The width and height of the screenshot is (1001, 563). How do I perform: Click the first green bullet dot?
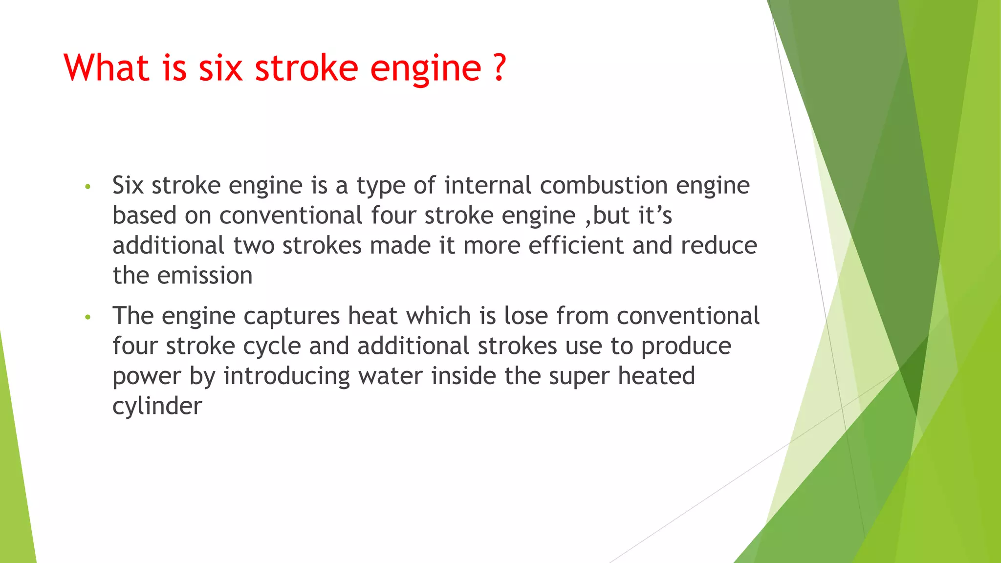[x=88, y=187]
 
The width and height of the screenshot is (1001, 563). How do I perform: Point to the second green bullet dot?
[x=88, y=317]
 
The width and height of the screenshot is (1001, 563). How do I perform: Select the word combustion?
[x=604, y=186]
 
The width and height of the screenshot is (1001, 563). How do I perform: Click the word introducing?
[x=286, y=376]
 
